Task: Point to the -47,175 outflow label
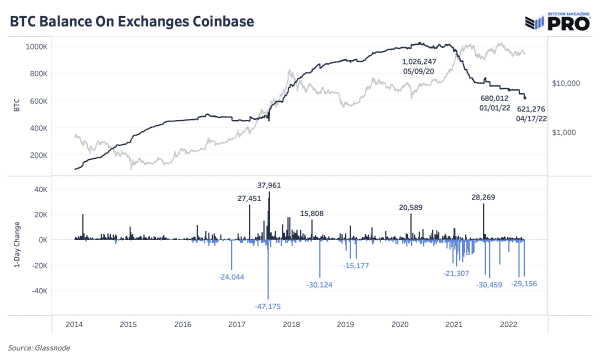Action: [268, 305]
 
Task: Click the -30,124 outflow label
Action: [319, 283]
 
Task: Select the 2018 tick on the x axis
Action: [291, 324]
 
